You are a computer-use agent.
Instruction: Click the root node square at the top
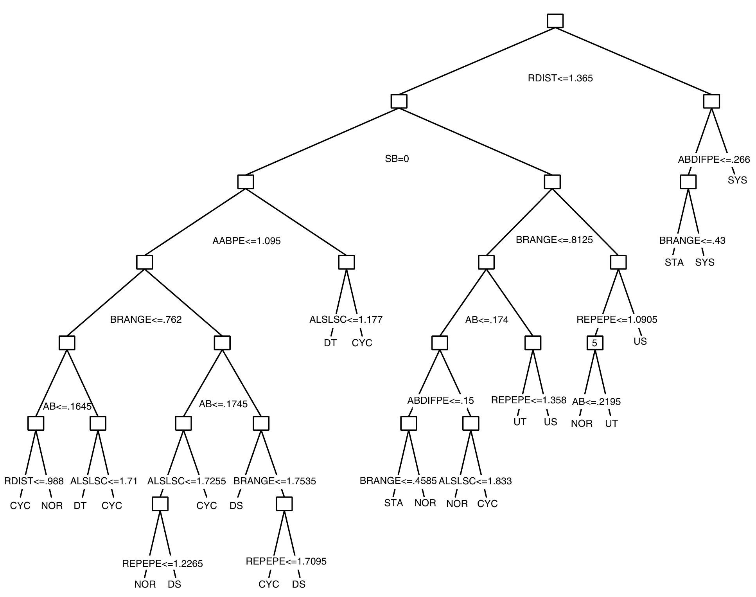pyautogui.click(x=555, y=21)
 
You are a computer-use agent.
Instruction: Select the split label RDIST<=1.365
pyautogui.click(x=560, y=78)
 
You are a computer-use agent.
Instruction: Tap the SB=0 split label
pyautogui.click(x=397, y=159)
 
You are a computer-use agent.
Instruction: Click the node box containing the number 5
pyautogui.click(x=594, y=343)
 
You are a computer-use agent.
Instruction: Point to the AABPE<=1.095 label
pyautogui.click(x=246, y=241)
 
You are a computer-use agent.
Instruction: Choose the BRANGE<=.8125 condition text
pyautogui.click(x=554, y=240)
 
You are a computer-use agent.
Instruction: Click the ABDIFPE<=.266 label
pyautogui.click(x=714, y=160)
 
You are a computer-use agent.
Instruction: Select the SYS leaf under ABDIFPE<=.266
pyautogui.click(x=737, y=180)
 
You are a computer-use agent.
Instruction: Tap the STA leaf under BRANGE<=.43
pyautogui.click(x=674, y=263)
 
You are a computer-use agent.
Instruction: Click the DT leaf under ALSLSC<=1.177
pyautogui.click(x=330, y=343)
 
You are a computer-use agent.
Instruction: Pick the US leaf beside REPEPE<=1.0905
pyautogui.click(x=640, y=342)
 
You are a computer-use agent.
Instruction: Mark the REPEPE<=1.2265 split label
pyautogui.click(x=162, y=564)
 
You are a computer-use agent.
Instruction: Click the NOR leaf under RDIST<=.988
pyautogui.click(x=52, y=506)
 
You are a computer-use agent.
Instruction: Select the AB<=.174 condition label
pyautogui.click(x=487, y=320)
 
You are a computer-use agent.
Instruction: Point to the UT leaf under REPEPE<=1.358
pyautogui.click(x=519, y=422)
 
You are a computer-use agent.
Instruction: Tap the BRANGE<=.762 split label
pyautogui.click(x=145, y=320)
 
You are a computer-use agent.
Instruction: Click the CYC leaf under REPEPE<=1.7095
pyautogui.click(x=269, y=584)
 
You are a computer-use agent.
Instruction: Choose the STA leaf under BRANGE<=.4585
pyautogui.click(x=393, y=503)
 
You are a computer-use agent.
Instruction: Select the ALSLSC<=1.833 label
pyautogui.click(x=475, y=481)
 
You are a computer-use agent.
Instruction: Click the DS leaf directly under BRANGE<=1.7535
pyautogui.click(x=236, y=506)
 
